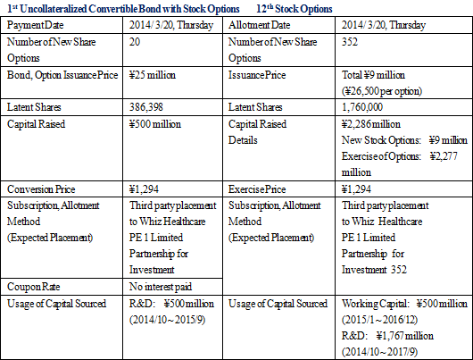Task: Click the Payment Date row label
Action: point(36,25)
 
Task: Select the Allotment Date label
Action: point(259,25)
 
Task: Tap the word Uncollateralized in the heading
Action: point(53,9)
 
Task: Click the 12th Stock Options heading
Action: point(295,9)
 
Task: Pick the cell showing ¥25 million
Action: point(153,75)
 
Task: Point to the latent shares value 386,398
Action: point(146,107)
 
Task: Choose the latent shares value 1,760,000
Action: point(362,107)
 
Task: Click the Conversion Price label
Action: point(41,189)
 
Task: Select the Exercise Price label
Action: point(257,189)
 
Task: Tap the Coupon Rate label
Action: point(34,287)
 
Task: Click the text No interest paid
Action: point(161,287)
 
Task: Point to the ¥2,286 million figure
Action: point(371,124)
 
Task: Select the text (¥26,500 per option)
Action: point(382,91)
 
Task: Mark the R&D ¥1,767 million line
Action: point(387,336)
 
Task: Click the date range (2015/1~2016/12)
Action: point(380,320)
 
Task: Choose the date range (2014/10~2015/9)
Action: point(168,320)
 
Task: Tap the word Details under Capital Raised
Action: point(243,140)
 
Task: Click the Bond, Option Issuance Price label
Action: point(62,75)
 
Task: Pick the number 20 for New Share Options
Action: point(135,42)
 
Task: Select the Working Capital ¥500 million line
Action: point(404,304)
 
